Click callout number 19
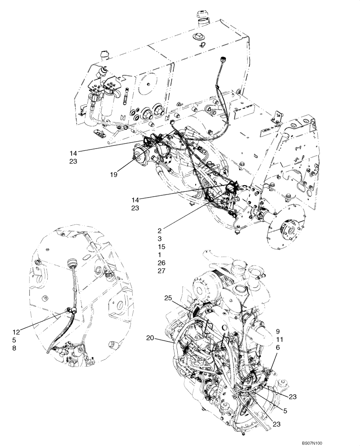pyautogui.click(x=114, y=175)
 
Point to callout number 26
pyautogui.click(x=161, y=262)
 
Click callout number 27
pyautogui.click(x=161, y=270)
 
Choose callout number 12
pyautogui.click(x=16, y=332)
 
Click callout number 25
pyautogui.click(x=168, y=297)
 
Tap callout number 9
pyautogui.click(x=277, y=331)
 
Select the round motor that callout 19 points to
pyautogui.click(x=141, y=157)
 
